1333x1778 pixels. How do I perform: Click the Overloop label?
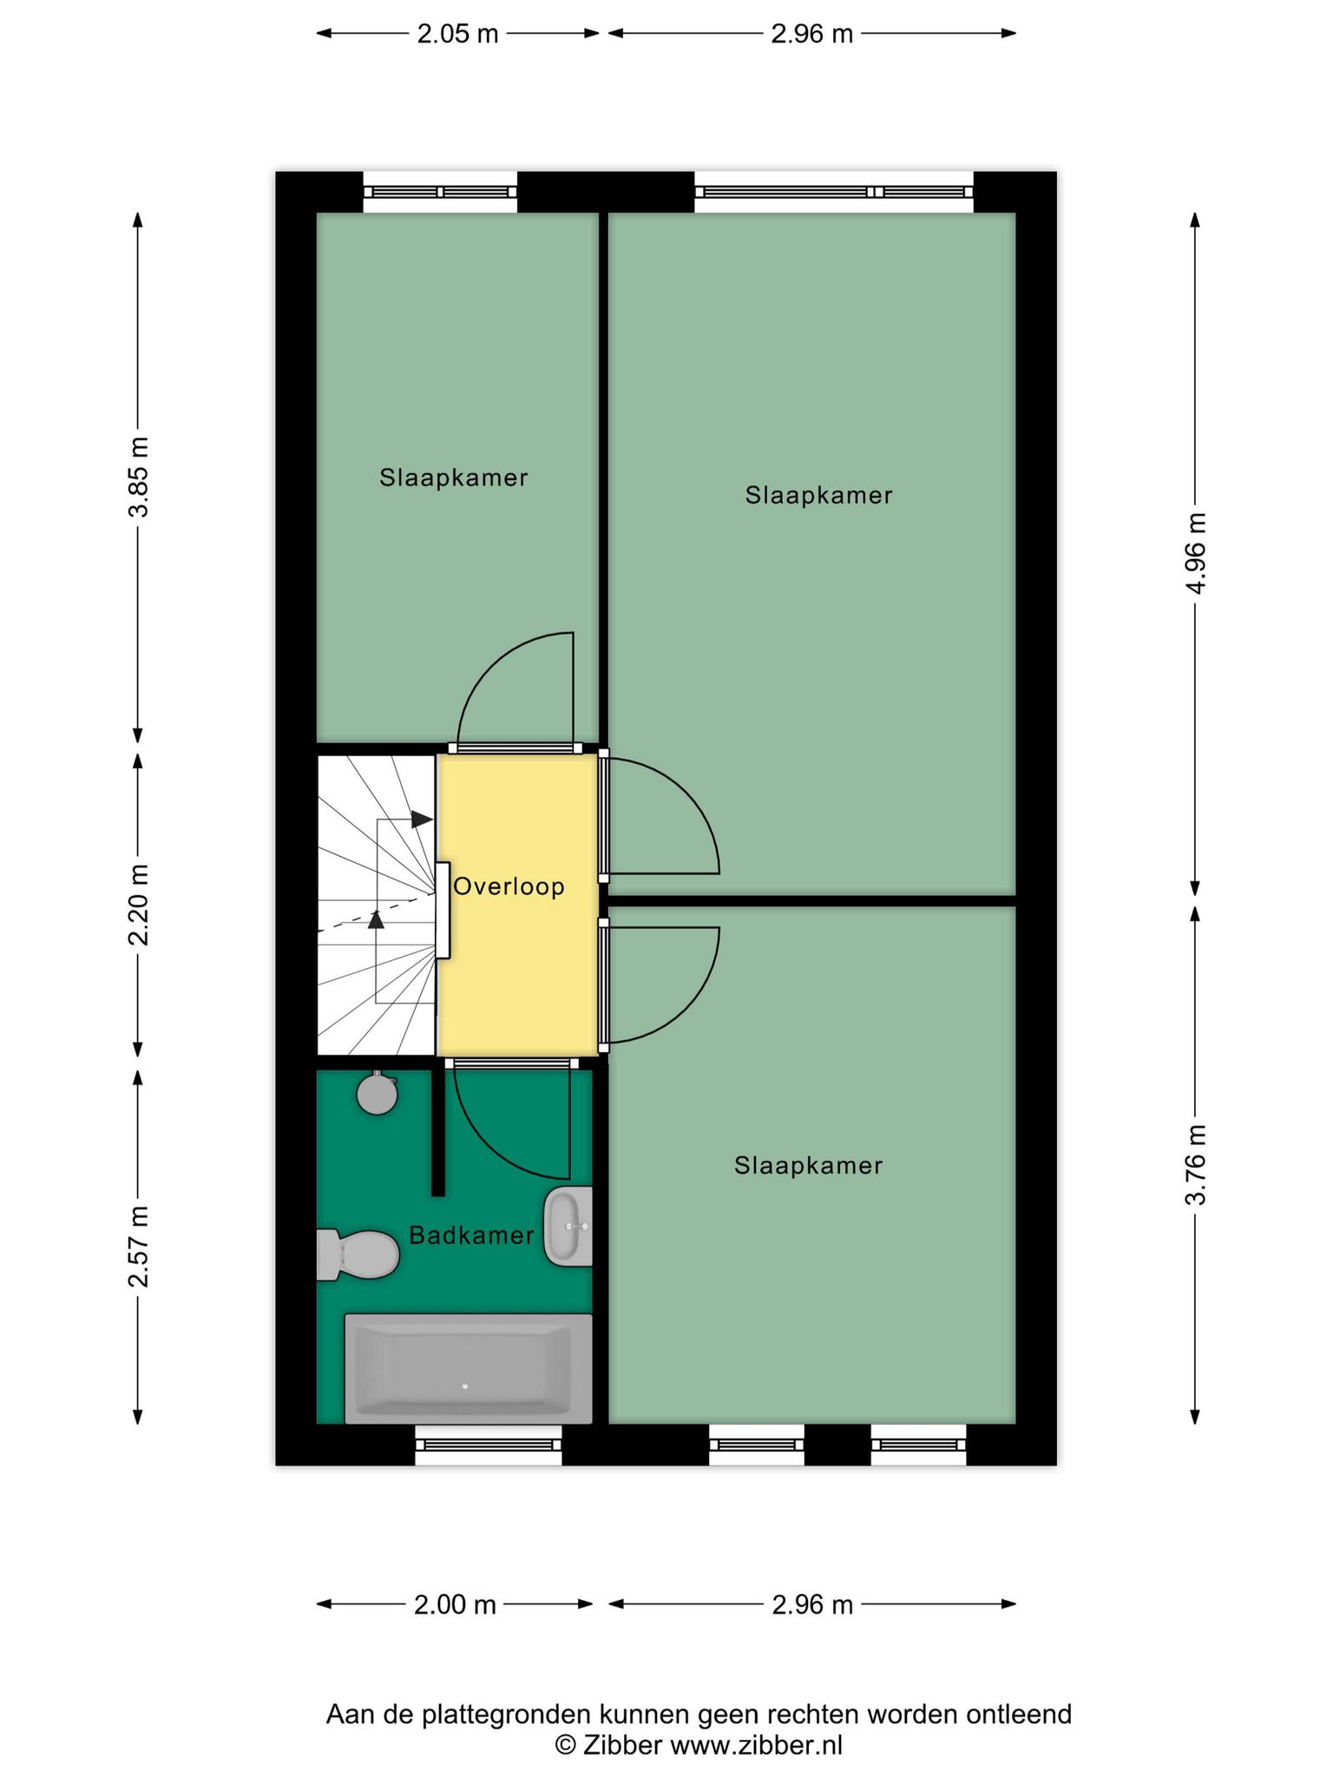point(509,887)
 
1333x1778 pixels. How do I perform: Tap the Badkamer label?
point(471,1235)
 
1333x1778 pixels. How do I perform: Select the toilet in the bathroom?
point(357,1254)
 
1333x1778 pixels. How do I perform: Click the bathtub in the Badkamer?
point(469,1369)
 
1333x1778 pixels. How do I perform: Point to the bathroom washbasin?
point(568,1227)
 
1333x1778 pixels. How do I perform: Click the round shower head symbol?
point(378,1094)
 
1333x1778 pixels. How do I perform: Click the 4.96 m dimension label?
point(1196,553)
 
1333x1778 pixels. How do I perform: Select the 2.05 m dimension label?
point(457,34)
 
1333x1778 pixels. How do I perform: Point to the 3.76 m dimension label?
point(1196,1165)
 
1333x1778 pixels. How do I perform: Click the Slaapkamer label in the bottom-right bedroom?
point(808,1166)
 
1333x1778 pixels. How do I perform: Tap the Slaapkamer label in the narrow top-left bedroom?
point(454,477)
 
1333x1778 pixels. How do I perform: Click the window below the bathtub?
point(489,1445)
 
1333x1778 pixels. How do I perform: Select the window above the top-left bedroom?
point(440,192)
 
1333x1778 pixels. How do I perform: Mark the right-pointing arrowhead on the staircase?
point(422,819)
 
